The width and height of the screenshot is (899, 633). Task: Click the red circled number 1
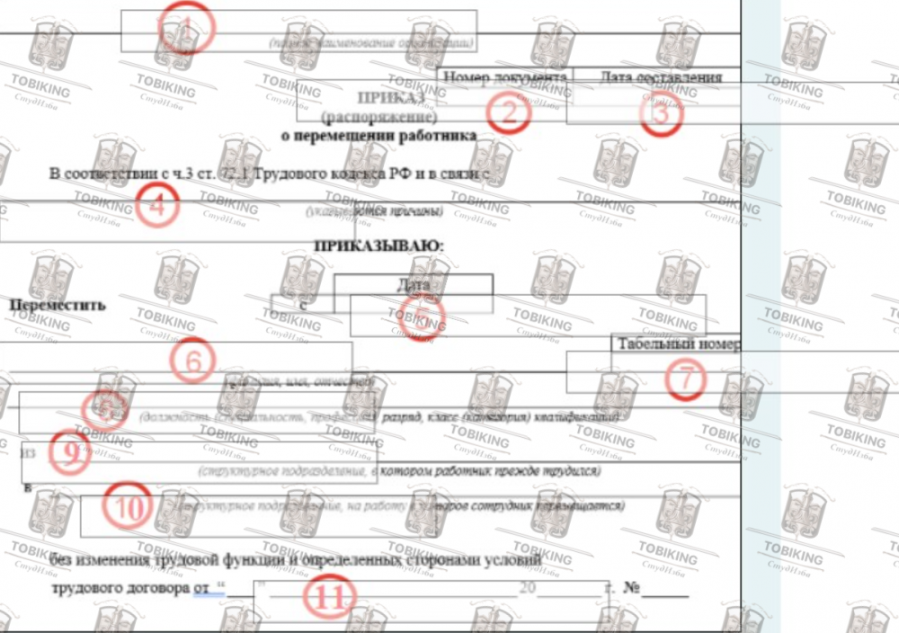[187, 29]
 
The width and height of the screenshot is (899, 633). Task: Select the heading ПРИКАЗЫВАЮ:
[378, 244]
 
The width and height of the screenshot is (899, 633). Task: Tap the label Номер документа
[504, 78]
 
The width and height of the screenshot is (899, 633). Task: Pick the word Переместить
[57, 304]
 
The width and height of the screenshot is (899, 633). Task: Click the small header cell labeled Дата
[413, 284]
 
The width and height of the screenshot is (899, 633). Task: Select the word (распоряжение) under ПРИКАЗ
[378, 117]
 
